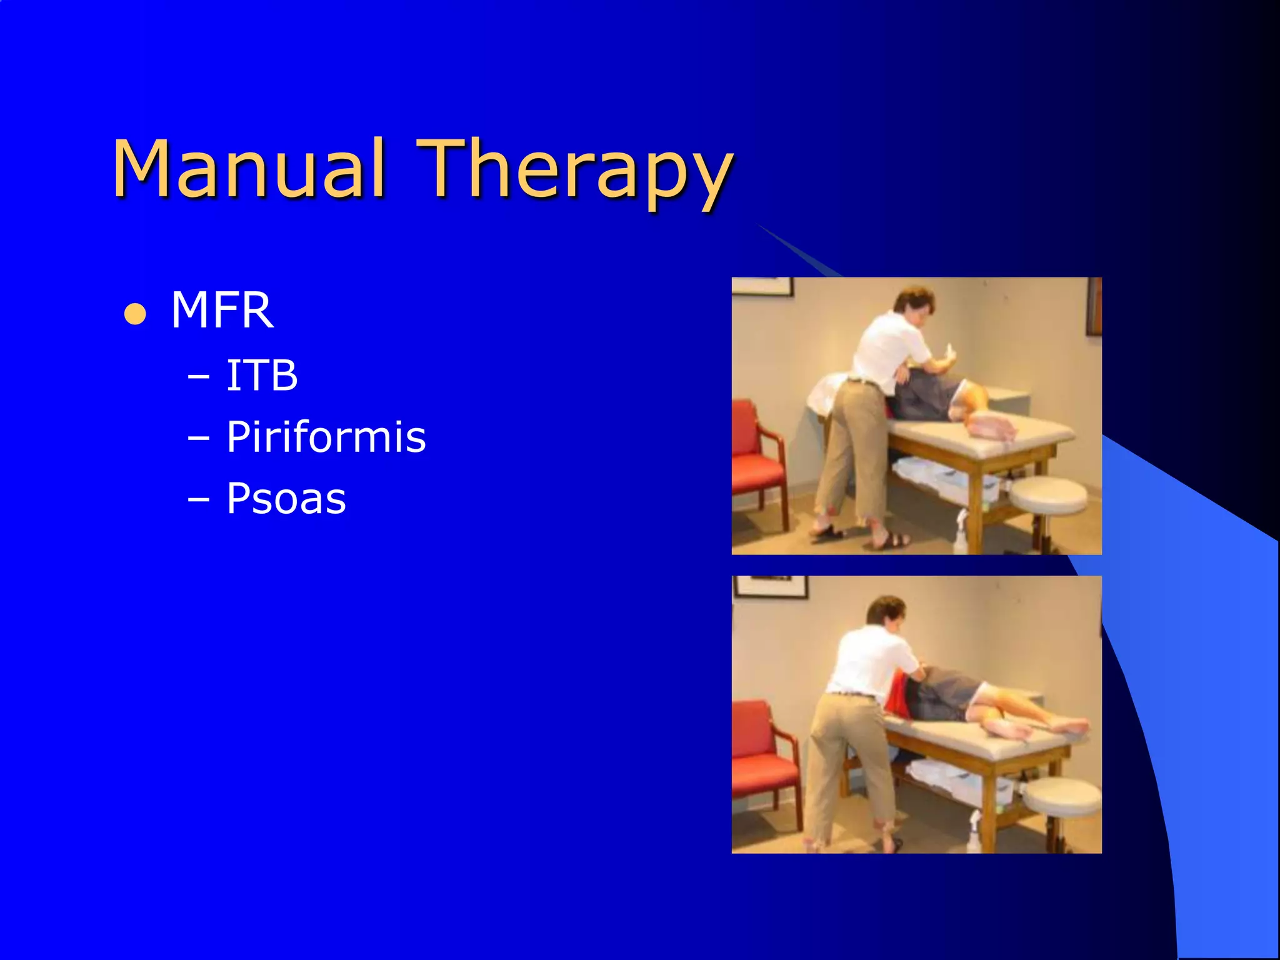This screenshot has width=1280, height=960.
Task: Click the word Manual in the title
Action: (248, 169)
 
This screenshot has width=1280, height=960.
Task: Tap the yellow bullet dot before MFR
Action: (135, 314)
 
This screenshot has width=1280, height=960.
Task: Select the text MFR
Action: (222, 311)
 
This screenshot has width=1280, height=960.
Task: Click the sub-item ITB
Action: (261, 376)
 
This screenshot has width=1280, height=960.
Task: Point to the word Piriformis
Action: (326, 437)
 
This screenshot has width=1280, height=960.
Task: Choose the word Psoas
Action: (286, 499)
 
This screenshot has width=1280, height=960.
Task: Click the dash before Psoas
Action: (199, 500)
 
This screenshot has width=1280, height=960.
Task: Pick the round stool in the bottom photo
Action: (1062, 796)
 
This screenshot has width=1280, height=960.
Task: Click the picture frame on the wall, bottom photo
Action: (771, 586)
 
